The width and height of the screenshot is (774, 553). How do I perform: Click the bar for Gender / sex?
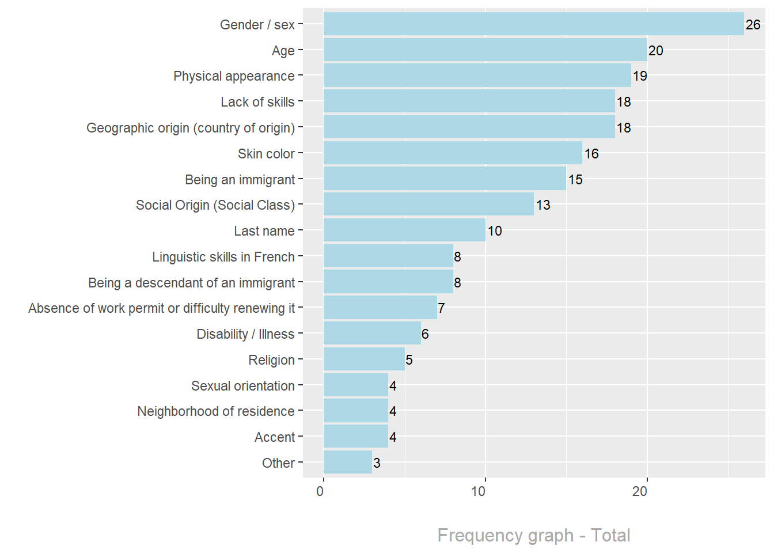[x=533, y=24]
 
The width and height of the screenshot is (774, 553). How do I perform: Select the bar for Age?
[x=485, y=50]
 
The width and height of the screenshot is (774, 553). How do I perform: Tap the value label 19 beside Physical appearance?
[x=640, y=76]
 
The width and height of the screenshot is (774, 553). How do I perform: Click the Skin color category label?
[x=266, y=154]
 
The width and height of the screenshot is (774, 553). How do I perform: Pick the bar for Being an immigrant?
[x=445, y=179]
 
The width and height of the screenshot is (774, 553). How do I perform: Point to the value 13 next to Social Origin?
[x=543, y=205]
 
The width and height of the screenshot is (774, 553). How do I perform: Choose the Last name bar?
[x=404, y=230]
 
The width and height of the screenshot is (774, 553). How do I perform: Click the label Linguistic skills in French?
[x=223, y=257]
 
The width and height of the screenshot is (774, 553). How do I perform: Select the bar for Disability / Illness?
[x=372, y=334]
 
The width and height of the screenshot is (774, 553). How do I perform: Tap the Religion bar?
[x=364, y=359]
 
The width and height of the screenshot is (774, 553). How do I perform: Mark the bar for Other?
[x=348, y=463]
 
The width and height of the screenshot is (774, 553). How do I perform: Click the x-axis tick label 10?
[x=479, y=491]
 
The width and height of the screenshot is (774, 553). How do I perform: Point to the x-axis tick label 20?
[x=640, y=491]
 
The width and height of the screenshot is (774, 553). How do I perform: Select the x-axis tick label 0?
[x=320, y=491]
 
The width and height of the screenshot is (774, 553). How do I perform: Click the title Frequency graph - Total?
[x=534, y=535]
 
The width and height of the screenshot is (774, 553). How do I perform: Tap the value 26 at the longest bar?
[x=753, y=25]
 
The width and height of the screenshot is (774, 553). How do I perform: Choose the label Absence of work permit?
[x=161, y=308]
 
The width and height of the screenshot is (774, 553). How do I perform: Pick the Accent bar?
[x=356, y=437]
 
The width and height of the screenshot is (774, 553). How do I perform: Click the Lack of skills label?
[x=257, y=102]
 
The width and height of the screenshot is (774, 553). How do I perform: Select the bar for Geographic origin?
[x=469, y=127]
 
